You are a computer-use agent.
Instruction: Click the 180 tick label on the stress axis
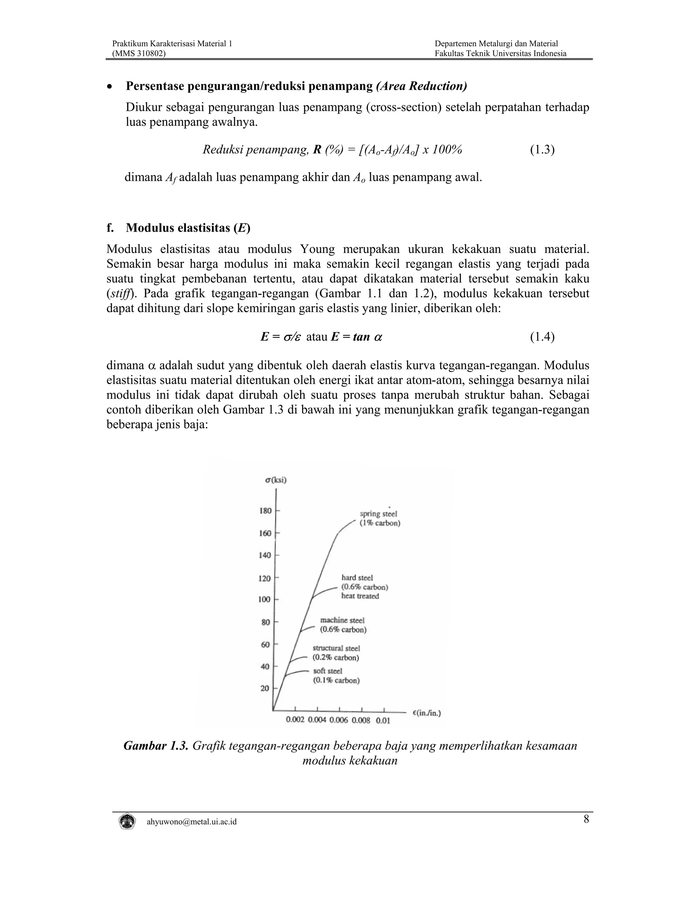point(265,511)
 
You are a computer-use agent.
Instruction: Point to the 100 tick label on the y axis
point(264,599)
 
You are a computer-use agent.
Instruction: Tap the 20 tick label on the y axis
point(265,688)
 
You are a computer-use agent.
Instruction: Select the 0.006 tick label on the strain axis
point(339,720)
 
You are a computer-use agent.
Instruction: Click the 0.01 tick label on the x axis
point(383,721)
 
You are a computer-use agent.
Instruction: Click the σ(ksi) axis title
point(276,480)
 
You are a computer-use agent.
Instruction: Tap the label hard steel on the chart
point(357,578)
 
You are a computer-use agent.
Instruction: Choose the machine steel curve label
point(342,620)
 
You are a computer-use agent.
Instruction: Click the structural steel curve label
point(336,648)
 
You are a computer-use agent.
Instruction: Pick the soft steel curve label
point(328,671)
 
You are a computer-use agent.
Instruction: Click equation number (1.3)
point(542,149)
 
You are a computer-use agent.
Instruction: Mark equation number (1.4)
point(542,337)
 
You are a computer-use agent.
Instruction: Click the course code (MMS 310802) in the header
point(139,53)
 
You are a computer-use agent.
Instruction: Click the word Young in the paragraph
point(317,249)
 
